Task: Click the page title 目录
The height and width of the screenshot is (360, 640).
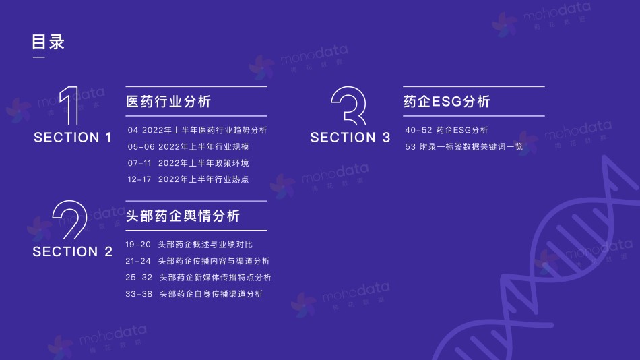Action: (48, 42)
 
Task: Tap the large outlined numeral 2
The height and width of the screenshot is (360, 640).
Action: (70, 220)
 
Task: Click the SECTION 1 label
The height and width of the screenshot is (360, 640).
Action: (73, 138)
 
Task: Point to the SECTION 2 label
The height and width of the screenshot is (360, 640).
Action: (72, 251)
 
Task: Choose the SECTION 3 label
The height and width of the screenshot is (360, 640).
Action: (350, 138)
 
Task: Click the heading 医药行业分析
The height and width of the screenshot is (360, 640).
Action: (168, 101)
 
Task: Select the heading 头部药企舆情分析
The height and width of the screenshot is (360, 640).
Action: (183, 216)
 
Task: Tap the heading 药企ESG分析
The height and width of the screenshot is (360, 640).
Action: (447, 101)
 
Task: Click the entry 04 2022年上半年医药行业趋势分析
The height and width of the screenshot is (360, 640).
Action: (197, 130)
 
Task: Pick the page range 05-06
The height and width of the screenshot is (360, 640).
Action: (141, 147)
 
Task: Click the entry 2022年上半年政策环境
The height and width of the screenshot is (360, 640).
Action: (203, 163)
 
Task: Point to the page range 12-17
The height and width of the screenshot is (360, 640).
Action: (139, 179)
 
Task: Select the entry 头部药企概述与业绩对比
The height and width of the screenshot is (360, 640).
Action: (205, 244)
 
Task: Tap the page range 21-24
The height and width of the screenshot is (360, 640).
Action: (138, 261)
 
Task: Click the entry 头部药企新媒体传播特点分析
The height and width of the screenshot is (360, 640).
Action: (215, 278)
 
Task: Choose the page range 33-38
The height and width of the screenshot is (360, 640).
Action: (139, 294)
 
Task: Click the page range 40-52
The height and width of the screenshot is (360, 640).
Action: (418, 130)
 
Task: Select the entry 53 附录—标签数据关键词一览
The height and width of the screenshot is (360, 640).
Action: (463, 147)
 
